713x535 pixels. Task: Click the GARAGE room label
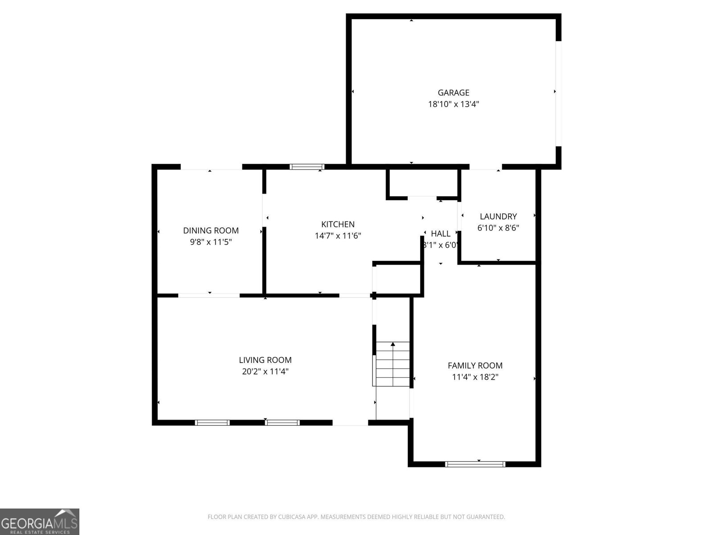tap(453, 93)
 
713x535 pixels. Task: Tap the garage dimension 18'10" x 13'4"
tap(453, 104)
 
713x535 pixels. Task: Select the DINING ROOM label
tap(211, 230)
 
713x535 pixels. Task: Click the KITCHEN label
tap(338, 224)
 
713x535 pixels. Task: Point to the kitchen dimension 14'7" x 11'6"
tap(338, 236)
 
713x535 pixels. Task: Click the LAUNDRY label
tap(498, 216)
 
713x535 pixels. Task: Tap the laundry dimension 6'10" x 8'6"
tap(498, 228)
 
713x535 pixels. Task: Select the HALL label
tap(441, 234)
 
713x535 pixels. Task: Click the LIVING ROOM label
tap(265, 360)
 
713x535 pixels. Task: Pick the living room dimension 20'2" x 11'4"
tap(265, 371)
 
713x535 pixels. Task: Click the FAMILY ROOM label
tap(475, 366)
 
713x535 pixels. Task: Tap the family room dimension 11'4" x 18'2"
tap(475, 377)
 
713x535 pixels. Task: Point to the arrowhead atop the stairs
tap(393, 344)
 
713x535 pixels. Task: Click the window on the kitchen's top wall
tap(307, 167)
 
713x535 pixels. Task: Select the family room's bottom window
tap(475, 464)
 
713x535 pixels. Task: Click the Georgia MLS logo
tap(39, 521)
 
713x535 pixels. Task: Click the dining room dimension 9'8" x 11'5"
tap(211, 242)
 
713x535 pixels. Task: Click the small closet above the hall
tap(422, 183)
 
